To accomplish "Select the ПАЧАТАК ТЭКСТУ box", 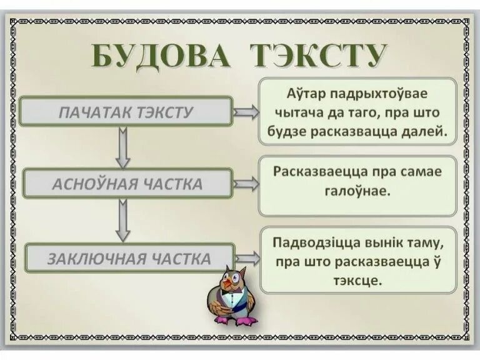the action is [126, 112].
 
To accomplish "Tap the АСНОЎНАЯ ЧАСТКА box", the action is [127, 184].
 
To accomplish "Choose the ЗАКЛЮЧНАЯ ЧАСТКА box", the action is [129, 259].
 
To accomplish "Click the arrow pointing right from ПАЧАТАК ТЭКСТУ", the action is [246, 112].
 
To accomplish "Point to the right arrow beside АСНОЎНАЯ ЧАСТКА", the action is [246, 184].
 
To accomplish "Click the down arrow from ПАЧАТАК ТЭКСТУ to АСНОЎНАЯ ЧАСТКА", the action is [122, 147].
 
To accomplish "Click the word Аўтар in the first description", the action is [304, 94].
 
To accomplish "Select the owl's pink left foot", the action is [222, 319].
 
